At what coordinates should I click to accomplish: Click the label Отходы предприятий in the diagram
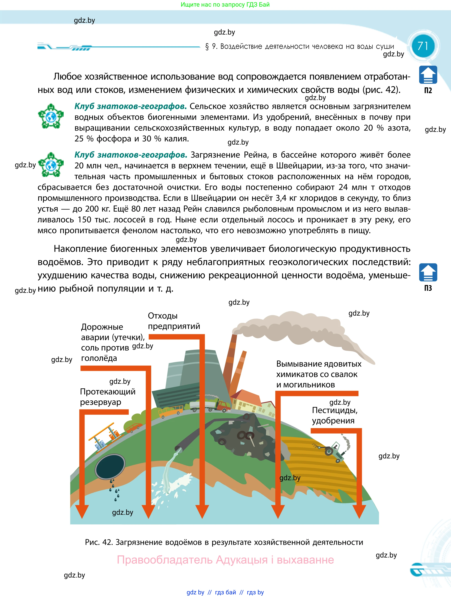[x=174, y=321]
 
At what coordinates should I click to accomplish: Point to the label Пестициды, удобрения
[x=335, y=415]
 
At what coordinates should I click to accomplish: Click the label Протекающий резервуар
[x=108, y=397]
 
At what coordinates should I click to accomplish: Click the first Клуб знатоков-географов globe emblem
[x=51, y=116]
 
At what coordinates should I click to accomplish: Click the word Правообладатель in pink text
[x=165, y=560]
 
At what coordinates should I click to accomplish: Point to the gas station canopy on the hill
[x=104, y=432]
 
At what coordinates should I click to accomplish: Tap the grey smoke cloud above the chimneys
[x=297, y=329]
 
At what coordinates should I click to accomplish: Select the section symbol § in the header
[x=207, y=47]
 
